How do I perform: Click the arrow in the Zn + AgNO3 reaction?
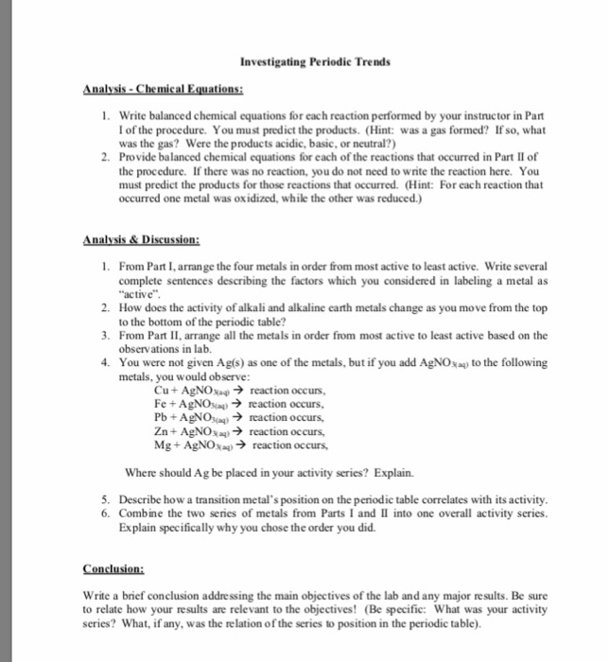[x=239, y=429]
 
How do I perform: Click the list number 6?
[x=104, y=511]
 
